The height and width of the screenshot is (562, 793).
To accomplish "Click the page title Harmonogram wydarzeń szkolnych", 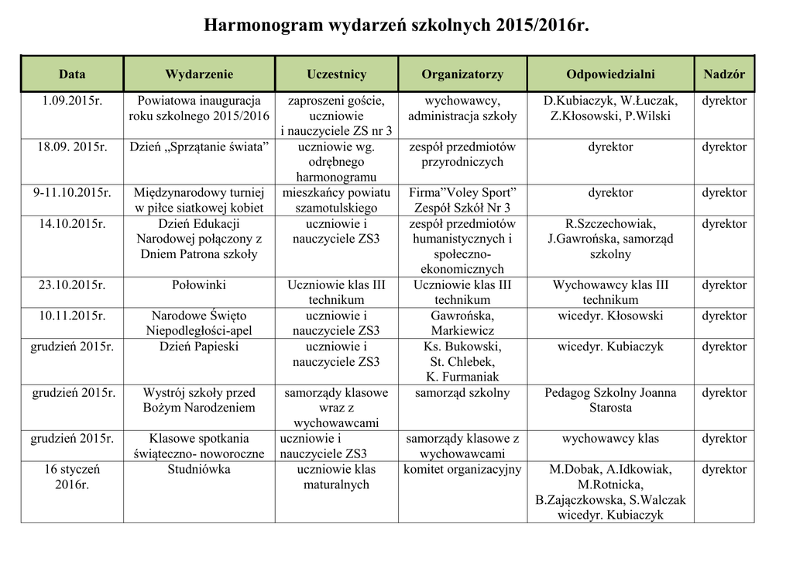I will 396,26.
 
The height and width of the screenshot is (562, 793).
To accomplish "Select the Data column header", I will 72,74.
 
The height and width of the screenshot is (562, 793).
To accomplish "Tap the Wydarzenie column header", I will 199,74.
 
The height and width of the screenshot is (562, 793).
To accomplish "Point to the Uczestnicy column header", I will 336,74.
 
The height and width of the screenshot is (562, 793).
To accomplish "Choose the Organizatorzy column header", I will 462,74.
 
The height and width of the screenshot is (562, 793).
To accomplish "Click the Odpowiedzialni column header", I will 610,74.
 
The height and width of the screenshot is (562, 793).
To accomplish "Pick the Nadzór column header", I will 724,74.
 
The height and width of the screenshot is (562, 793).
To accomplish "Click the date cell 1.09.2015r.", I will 72,101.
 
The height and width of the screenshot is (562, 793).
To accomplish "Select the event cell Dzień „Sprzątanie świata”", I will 199,147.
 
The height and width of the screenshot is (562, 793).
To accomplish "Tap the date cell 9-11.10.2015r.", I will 72,193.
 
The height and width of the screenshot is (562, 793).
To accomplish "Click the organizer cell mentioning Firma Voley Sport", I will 462,200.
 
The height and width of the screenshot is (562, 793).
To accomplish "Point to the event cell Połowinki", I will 199,285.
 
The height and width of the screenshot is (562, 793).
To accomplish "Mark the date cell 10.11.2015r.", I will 72,316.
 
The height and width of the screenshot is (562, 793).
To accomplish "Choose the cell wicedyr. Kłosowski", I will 610,316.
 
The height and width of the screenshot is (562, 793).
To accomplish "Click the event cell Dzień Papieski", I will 199,347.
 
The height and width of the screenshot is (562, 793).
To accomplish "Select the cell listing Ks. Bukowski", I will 462,361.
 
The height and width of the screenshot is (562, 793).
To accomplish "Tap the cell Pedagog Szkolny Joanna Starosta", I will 610,400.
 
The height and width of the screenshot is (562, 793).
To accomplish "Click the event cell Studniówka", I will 199,470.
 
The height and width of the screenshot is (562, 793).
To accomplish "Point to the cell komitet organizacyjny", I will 462,470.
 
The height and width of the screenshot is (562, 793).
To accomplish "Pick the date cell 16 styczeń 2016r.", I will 72,477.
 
